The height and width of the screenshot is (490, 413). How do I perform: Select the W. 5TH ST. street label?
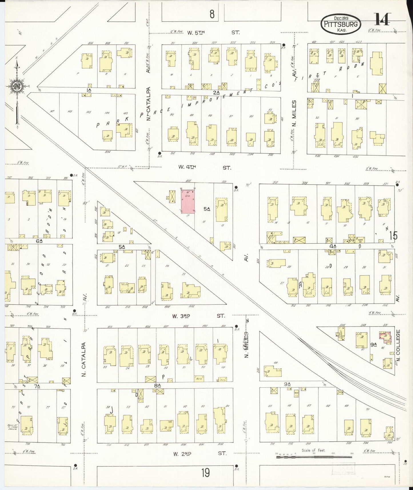click(213, 32)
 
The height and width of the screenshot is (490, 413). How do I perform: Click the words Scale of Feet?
click(314, 451)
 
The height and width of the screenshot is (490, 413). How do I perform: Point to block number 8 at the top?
click(212, 14)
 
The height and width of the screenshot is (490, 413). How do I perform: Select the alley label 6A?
click(39, 241)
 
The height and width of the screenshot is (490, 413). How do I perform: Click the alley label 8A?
click(157, 385)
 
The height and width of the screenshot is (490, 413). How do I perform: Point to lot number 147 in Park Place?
click(51, 111)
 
